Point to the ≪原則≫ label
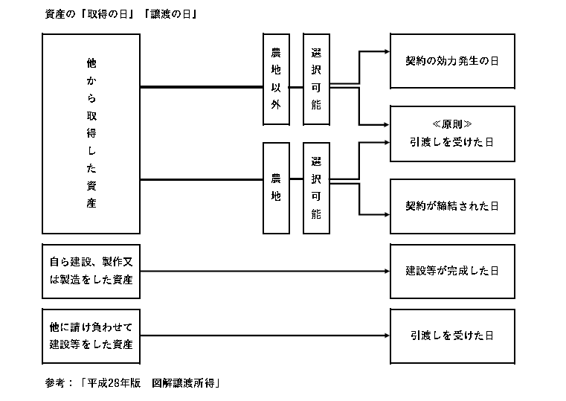tap(452, 124)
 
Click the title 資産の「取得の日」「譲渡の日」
tap(120, 14)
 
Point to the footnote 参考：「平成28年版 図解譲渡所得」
tap(132, 383)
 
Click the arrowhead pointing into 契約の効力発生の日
tap(387, 51)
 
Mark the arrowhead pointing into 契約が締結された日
tap(387, 215)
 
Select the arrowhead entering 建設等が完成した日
tap(387, 271)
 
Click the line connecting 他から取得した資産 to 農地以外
tap(202, 87)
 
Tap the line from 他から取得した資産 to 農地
tap(202, 179)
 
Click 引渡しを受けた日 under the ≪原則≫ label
tap(452, 142)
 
